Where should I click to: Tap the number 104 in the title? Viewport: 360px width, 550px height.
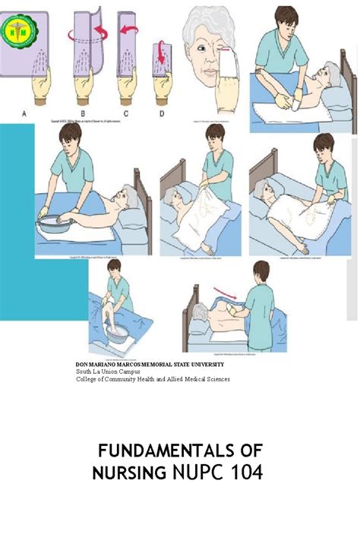pyautogui.click(x=244, y=473)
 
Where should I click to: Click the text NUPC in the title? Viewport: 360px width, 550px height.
pyautogui.click(x=196, y=473)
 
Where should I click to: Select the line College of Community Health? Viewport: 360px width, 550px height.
pyautogui.click(x=152, y=378)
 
